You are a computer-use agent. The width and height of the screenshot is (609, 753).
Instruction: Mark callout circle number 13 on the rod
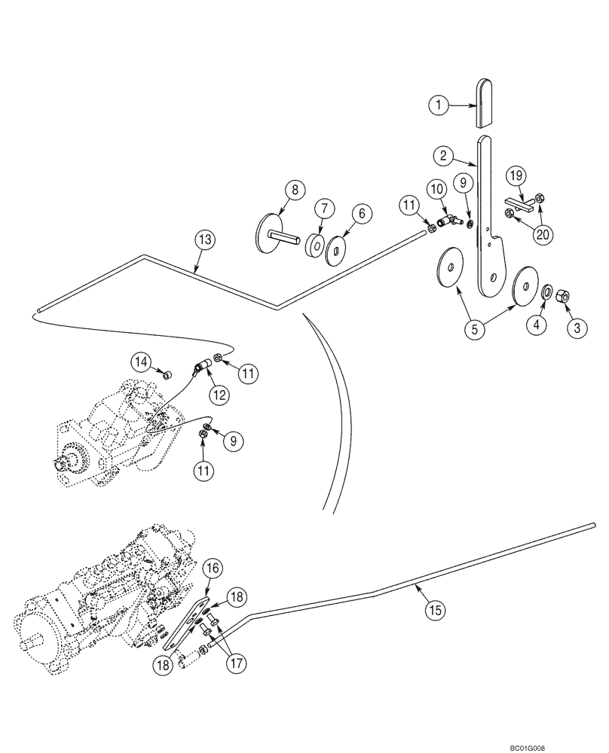coord(205,240)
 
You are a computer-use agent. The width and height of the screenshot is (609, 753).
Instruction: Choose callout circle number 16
coord(211,568)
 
